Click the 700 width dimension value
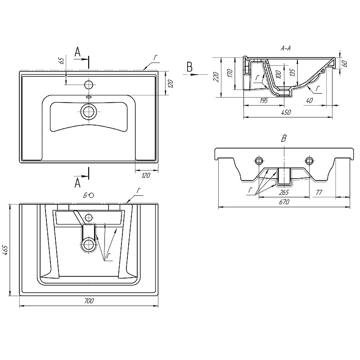(89, 301)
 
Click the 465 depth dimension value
(5, 251)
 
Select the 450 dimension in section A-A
(286, 112)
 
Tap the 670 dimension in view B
(284, 202)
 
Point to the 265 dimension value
(284, 193)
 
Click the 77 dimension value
(319, 193)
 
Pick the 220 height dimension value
(216, 77)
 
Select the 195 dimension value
(264, 100)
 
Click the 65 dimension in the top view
(62, 61)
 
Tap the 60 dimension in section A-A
(344, 63)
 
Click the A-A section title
(286, 48)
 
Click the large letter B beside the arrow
(189, 67)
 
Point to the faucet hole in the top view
(88, 85)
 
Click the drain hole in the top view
(88, 112)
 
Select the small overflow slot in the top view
(88, 97)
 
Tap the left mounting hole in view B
(259, 161)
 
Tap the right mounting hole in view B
(309, 161)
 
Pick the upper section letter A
(77, 52)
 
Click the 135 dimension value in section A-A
(292, 72)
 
